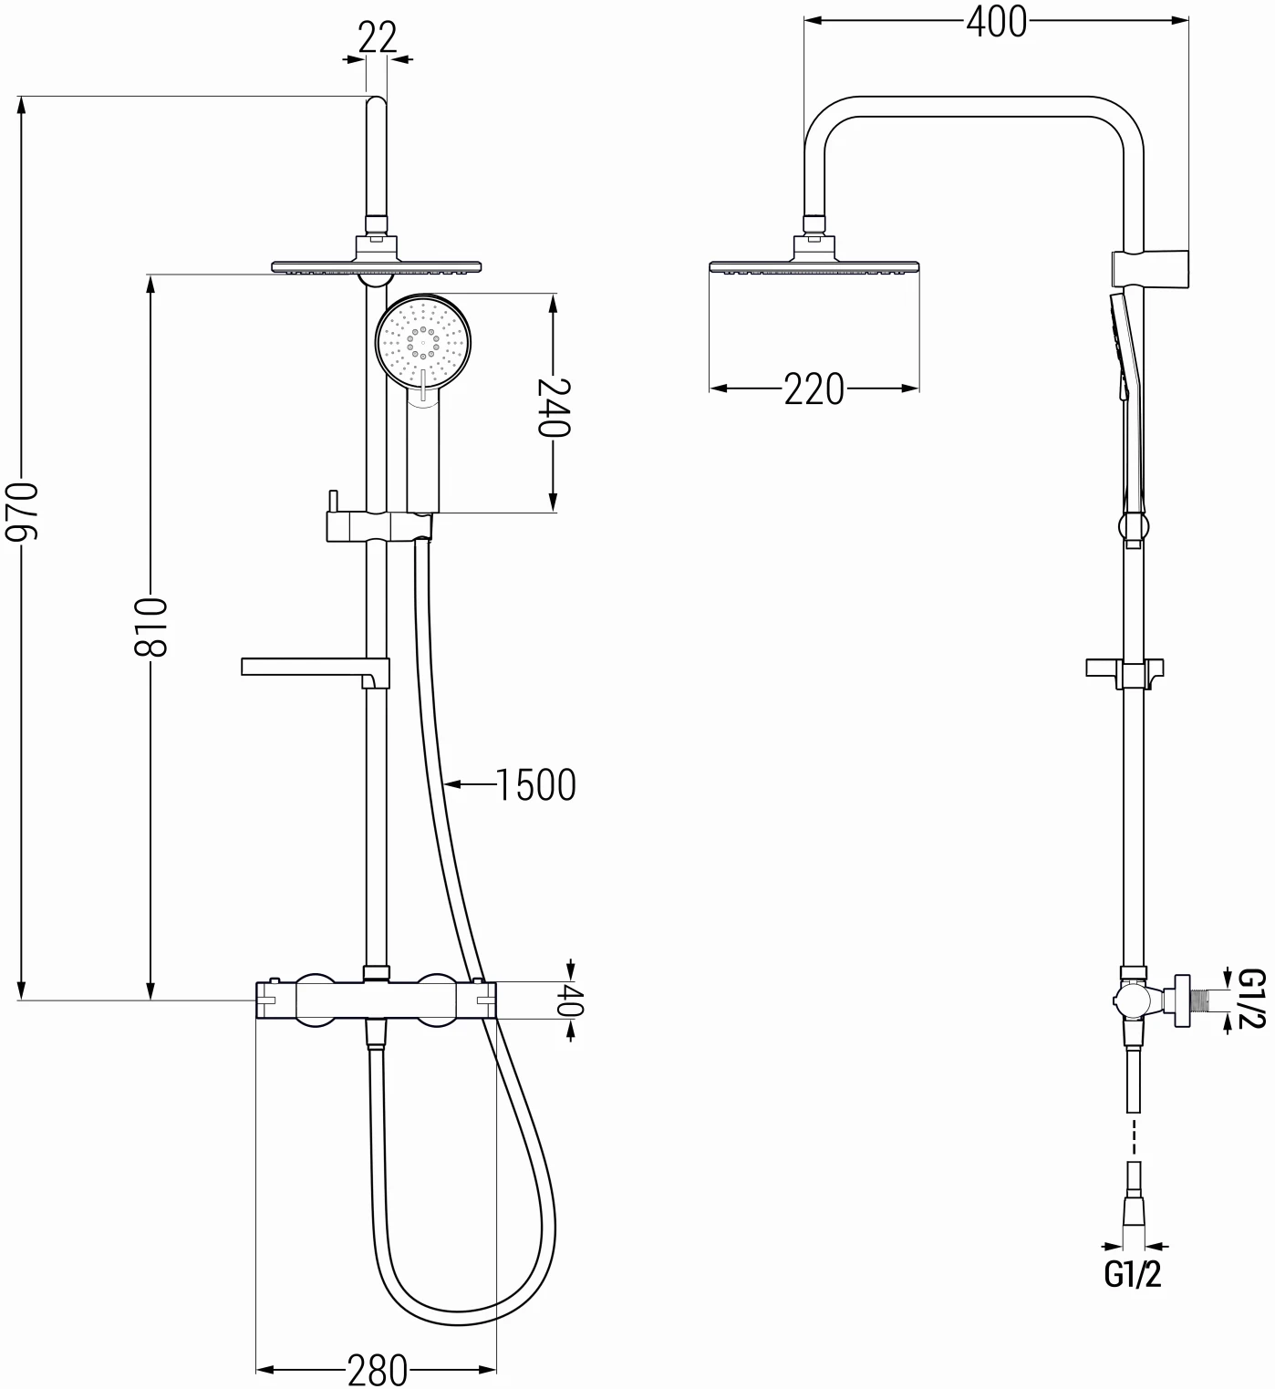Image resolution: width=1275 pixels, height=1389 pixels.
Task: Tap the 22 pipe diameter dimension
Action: click(377, 38)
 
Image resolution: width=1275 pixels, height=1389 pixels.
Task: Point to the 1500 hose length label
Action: click(535, 784)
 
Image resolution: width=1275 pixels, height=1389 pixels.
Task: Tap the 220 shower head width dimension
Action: click(814, 389)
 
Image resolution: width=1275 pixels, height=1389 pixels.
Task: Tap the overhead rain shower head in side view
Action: click(814, 265)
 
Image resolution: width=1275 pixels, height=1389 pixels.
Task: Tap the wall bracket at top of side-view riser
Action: click(1151, 266)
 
